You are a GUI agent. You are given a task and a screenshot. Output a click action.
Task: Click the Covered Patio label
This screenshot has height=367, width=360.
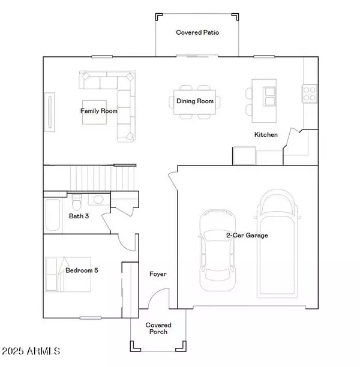(x=197, y=32)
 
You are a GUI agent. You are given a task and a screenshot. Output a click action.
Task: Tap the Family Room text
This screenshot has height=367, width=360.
(x=99, y=111)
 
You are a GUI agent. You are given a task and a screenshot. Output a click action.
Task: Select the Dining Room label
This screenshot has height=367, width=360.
(x=195, y=101)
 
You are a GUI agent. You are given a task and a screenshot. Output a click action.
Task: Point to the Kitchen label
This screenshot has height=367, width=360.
(x=266, y=134)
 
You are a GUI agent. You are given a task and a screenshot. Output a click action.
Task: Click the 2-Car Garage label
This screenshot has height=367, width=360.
(x=247, y=235)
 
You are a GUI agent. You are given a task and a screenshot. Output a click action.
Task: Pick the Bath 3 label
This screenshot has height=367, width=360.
(x=79, y=216)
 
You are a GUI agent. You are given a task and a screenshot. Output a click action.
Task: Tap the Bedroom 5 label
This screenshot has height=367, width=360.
(x=82, y=270)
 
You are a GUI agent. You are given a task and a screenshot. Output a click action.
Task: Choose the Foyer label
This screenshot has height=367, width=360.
(x=158, y=274)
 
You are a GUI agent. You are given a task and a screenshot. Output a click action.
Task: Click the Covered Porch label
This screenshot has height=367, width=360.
(x=158, y=329)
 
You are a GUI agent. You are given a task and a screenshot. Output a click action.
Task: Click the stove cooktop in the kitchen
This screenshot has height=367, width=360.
(x=310, y=94)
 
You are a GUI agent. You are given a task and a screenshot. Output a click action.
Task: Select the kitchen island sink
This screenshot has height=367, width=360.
(x=269, y=97)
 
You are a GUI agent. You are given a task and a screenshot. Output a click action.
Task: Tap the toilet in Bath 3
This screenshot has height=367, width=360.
(x=77, y=203)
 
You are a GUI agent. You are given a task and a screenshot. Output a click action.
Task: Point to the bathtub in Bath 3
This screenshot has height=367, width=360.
(x=53, y=215)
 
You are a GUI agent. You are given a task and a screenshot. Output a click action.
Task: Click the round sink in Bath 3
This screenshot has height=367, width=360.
(x=98, y=200)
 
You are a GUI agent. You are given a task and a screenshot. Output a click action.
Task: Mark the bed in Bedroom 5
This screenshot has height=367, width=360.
(x=68, y=274)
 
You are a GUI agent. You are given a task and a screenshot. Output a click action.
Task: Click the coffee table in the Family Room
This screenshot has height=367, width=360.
(x=94, y=112)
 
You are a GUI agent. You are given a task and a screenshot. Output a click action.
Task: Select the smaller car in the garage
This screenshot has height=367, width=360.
(x=218, y=250)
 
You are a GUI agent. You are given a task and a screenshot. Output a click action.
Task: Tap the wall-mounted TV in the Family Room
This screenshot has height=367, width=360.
(x=50, y=112)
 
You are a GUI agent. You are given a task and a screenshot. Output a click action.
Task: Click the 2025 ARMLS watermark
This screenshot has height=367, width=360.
(x=31, y=351)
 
